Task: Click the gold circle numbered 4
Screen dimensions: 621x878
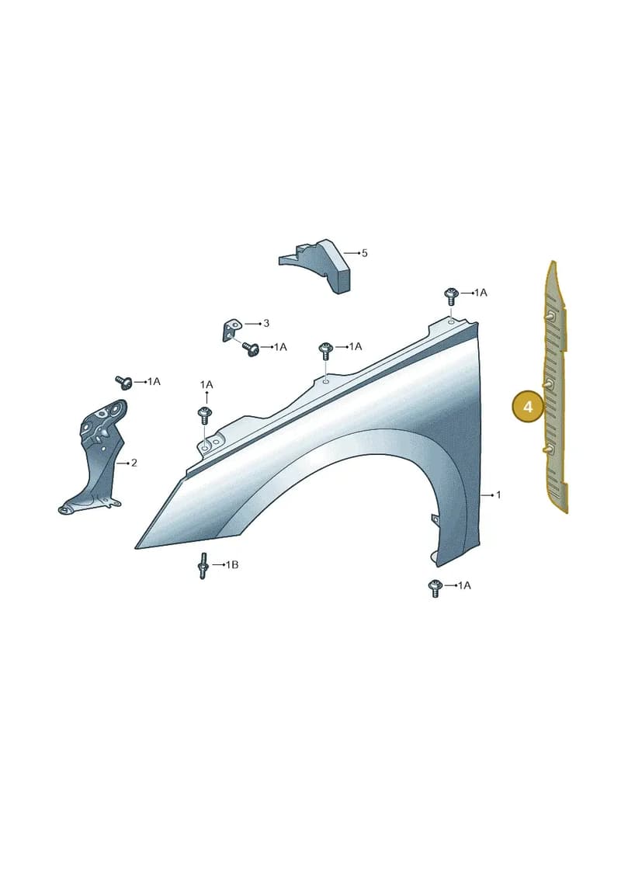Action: tap(528, 407)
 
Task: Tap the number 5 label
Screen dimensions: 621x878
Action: tap(365, 253)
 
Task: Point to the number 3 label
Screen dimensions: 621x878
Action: tap(266, 323)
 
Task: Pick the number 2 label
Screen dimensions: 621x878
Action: tap(134, 463)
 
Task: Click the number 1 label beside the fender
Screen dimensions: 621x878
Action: tap(498, 495)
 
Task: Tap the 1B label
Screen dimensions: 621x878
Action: tap(232, 564)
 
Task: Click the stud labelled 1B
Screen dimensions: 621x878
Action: tap(203, 566)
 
